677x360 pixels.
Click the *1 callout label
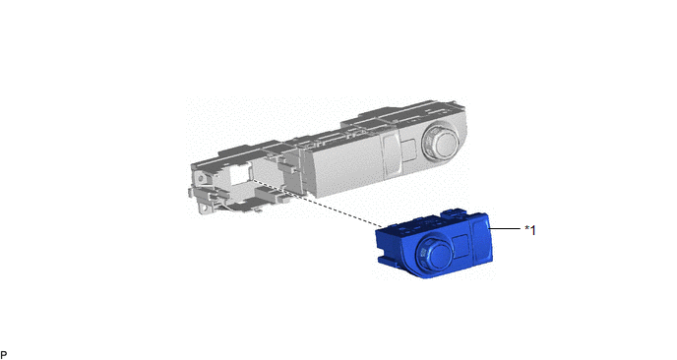[x=530, y=230]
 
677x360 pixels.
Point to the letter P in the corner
[x=4, y=355]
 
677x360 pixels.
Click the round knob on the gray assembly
[x=441, y=143]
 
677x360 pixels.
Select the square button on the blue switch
[x=461, y=245]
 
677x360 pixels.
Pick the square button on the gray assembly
[x=409, y=150]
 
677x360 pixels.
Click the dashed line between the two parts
[x=316, y=203]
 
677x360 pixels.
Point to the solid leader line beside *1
[x=504, y=228]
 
